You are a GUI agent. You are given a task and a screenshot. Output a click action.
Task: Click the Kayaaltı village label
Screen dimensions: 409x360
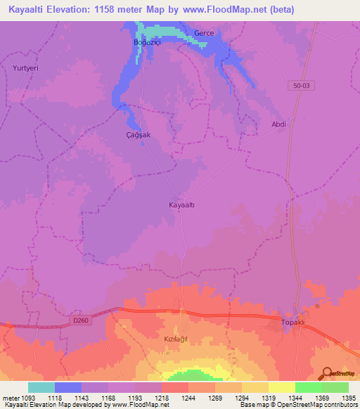pyautogui.click(x=182, y=205)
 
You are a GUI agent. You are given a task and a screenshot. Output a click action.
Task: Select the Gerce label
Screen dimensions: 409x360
pyautogui.click(x=204, y=33)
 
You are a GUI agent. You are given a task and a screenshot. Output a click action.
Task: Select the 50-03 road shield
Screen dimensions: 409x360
pyautogui.click(x=300, y=84)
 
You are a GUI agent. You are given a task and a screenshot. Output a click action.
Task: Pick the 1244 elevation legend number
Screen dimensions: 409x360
pyautogui.click(x=188, y=398)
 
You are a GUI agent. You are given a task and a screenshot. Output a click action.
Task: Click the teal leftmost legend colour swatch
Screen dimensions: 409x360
pyautogui.click(x=41, y=387)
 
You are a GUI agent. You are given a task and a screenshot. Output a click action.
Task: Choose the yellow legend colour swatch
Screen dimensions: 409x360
pyautogui.click(x=281, y=387)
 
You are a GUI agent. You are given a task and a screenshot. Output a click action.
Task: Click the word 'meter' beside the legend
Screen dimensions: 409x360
pyautogui.click(x=10, y=398)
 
